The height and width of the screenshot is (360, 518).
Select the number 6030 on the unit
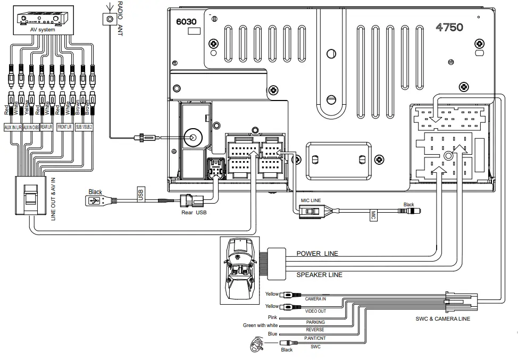click(186, 22)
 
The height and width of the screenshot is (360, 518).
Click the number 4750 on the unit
click(449, 27)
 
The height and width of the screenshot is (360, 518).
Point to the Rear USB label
click(194, 213)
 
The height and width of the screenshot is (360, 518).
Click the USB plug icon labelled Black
click(94, 201)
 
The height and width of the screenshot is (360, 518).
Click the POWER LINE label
click(317, 254)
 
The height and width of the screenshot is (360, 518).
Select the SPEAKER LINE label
click(319, 275)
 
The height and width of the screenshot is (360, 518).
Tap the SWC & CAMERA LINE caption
click(442, 319)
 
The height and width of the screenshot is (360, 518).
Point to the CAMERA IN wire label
click(315, 299)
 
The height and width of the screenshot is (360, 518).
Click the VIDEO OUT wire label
click(315, 311)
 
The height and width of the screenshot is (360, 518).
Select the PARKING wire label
click(315, 322)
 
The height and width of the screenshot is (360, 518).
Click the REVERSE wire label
click(315, 330)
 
